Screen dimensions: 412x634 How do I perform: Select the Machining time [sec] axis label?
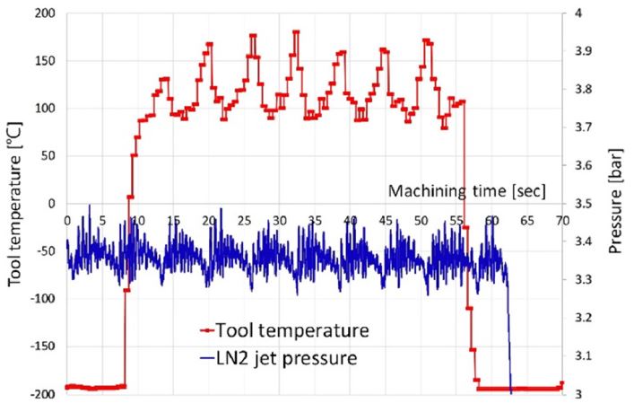pos(466,190)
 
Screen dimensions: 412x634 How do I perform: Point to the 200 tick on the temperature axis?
pos(43,14)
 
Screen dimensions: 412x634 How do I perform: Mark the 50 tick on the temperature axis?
pos(47,156)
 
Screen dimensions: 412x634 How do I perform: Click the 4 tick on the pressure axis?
pos(581,14)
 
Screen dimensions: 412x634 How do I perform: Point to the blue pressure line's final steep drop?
pos(508,341)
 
